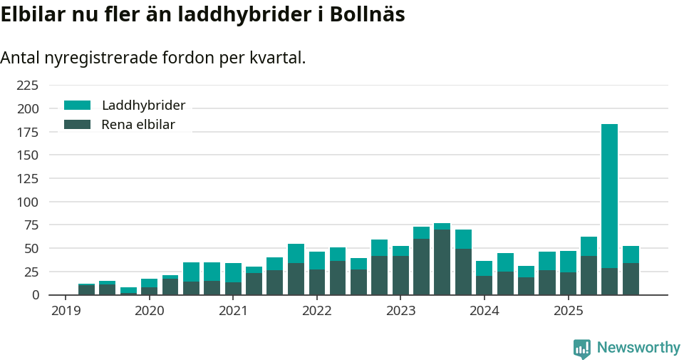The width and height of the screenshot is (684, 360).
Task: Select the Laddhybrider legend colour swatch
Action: tap(77, 106)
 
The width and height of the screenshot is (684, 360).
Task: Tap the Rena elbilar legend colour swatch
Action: tap(77, 125)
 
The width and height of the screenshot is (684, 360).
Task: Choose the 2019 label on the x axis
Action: tap(66, 311)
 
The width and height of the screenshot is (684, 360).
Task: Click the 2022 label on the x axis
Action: tap(317, 311)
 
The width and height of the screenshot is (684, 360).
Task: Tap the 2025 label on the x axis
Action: tap(568, 311)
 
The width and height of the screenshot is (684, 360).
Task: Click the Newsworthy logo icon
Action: tap(581, 348)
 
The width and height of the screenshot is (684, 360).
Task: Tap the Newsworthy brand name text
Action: tap(638, 348)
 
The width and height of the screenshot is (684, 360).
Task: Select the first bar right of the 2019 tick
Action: tap(86, 289)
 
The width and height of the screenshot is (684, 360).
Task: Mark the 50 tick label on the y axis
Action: tap(31, 248)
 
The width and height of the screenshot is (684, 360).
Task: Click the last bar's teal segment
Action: tap(631, 254)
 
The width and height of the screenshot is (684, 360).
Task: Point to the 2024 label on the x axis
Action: tap(484, 311)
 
